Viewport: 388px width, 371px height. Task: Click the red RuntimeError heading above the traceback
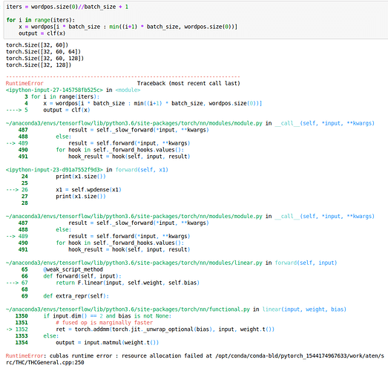point(24,83)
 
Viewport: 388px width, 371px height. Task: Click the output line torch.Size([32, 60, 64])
point(43,51)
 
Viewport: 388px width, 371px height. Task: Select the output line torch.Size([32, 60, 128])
point(45,58)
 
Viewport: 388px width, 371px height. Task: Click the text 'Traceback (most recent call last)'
point(188,83)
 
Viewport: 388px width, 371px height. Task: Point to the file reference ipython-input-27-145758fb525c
point(54,90)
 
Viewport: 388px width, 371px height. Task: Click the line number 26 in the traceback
point(24,190)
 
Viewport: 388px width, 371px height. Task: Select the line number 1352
point(22,329)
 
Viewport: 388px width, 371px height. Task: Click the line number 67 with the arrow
point(24,283)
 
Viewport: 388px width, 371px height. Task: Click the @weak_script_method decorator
point(73,269)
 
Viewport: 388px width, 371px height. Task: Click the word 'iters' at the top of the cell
point(14,7)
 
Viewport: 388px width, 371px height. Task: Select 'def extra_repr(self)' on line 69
point(75,296)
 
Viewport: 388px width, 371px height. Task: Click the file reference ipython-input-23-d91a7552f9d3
point(54,169)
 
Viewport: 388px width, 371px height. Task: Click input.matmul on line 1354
point(102,343)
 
